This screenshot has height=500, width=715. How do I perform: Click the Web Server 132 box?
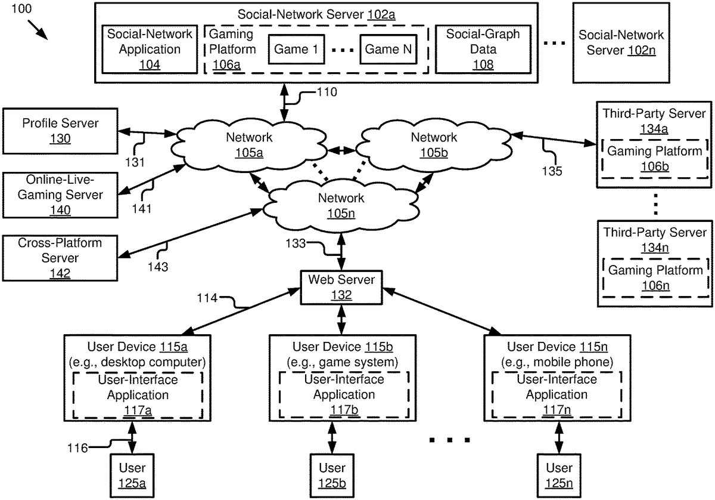341,287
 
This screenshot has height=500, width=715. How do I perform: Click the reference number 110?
327,92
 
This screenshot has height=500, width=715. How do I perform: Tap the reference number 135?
553,172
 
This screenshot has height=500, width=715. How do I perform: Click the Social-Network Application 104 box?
149,50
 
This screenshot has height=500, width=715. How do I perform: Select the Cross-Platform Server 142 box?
60,258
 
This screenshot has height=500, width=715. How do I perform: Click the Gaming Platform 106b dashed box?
655,159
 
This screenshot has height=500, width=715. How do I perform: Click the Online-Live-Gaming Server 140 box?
60,195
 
